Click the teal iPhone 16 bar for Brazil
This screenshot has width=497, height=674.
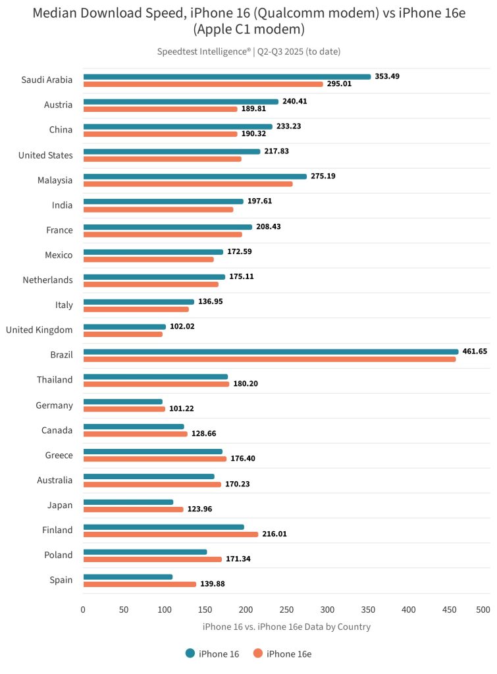coord(271,351)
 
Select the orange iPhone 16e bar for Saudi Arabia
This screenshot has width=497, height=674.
coord(203,84)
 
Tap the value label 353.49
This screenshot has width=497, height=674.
coord(387,76)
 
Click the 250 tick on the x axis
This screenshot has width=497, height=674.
coord(286,610)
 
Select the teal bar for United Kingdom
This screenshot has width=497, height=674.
coord(124,326)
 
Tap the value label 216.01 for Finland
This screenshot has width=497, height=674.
coord(276,534)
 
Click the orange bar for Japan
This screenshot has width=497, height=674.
coord(133,509)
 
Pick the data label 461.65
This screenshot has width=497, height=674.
coord(475,351)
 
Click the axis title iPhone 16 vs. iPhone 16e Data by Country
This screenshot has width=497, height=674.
coord(286,627)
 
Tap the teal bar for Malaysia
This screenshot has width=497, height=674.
coord(195,176)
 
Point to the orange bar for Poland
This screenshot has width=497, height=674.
coord(152,559)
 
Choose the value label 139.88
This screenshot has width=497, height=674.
coord(213,584)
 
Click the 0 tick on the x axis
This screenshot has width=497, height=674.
coord(83,610)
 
